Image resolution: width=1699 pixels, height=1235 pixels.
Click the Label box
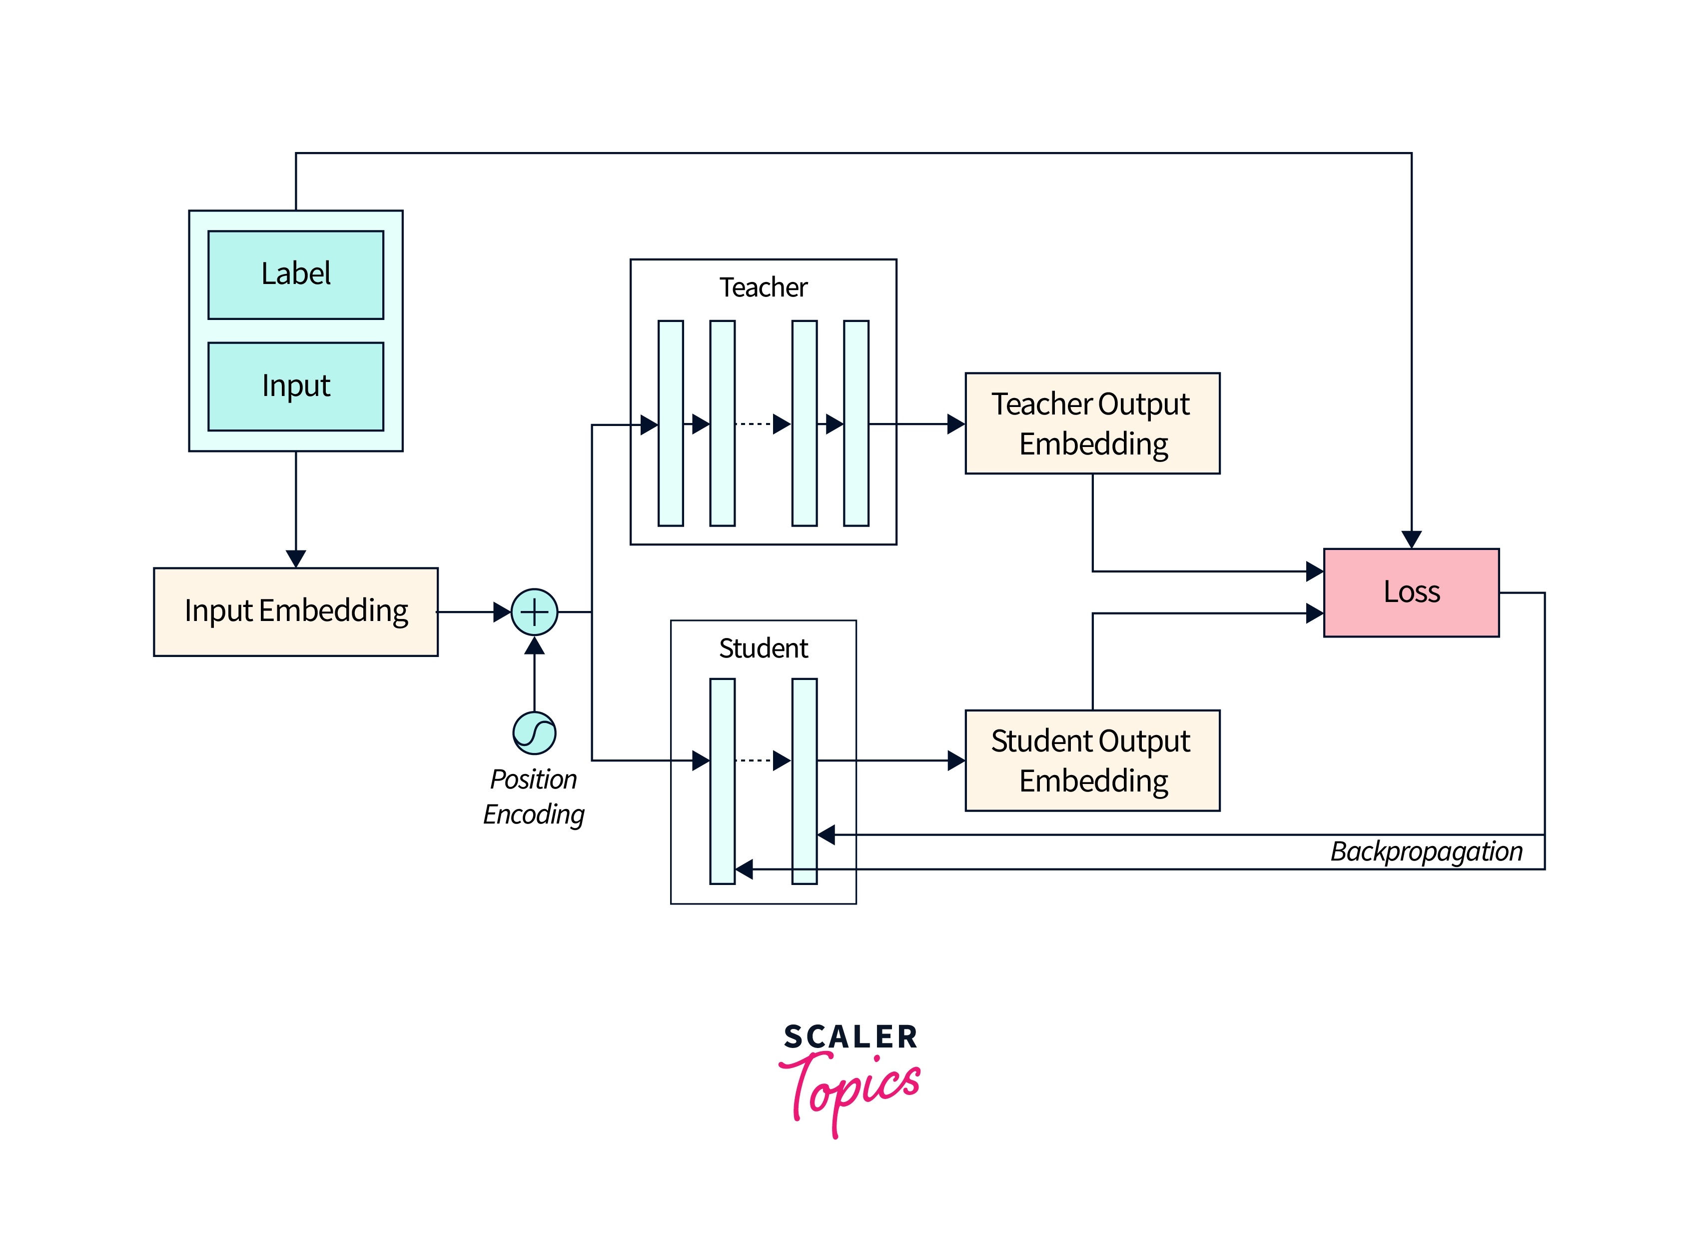click(296, 274)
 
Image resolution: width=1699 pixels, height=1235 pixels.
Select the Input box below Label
click(296, 386)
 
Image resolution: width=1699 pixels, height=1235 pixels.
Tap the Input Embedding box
click(296, 611)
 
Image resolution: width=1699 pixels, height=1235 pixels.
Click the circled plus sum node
click(534, 612)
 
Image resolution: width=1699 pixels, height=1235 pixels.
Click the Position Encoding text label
click(533, 796)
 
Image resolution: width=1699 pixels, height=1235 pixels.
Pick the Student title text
click(764, 648)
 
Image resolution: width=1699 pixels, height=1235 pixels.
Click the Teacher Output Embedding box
click(1092, 423)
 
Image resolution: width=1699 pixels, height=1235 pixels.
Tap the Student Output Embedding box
click(1092, 760)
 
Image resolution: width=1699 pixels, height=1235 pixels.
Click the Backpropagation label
click(1426, 851)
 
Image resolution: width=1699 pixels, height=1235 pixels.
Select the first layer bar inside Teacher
click(671, 423)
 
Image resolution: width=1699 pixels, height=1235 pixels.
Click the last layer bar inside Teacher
click(856, 423)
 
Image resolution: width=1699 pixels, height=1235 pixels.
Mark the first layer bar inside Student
click(722, 781)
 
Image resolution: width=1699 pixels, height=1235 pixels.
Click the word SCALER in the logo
click(850, 1037)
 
